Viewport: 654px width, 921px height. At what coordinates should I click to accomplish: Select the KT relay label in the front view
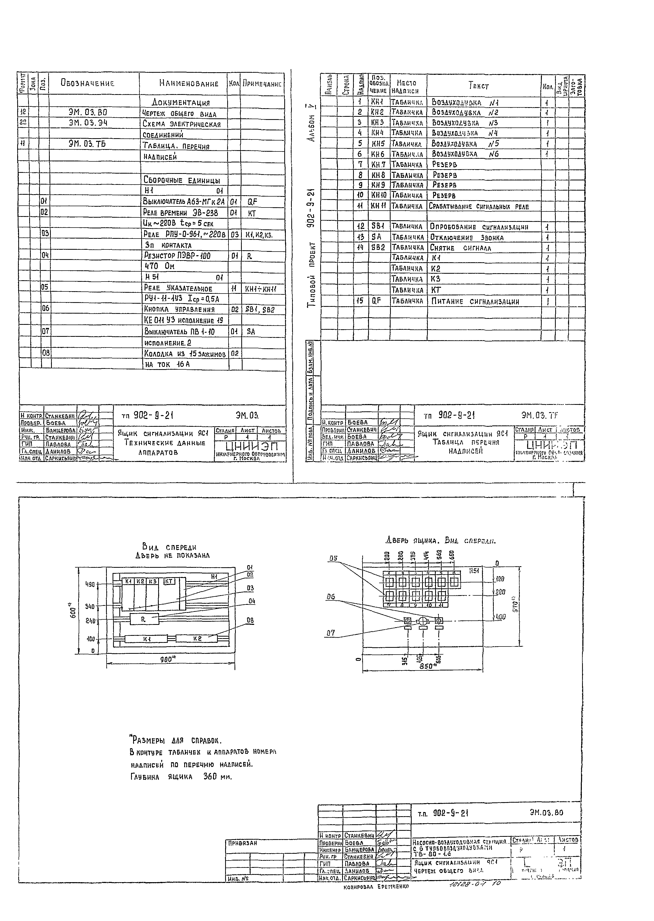(169, 581)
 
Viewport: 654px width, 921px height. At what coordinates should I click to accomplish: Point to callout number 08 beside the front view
(250, 621)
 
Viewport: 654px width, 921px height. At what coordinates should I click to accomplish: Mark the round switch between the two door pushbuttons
(423, 621)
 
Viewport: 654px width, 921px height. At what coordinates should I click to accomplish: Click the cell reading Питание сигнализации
(475, 301)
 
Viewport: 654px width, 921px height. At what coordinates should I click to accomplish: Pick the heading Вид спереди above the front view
(169, 547)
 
